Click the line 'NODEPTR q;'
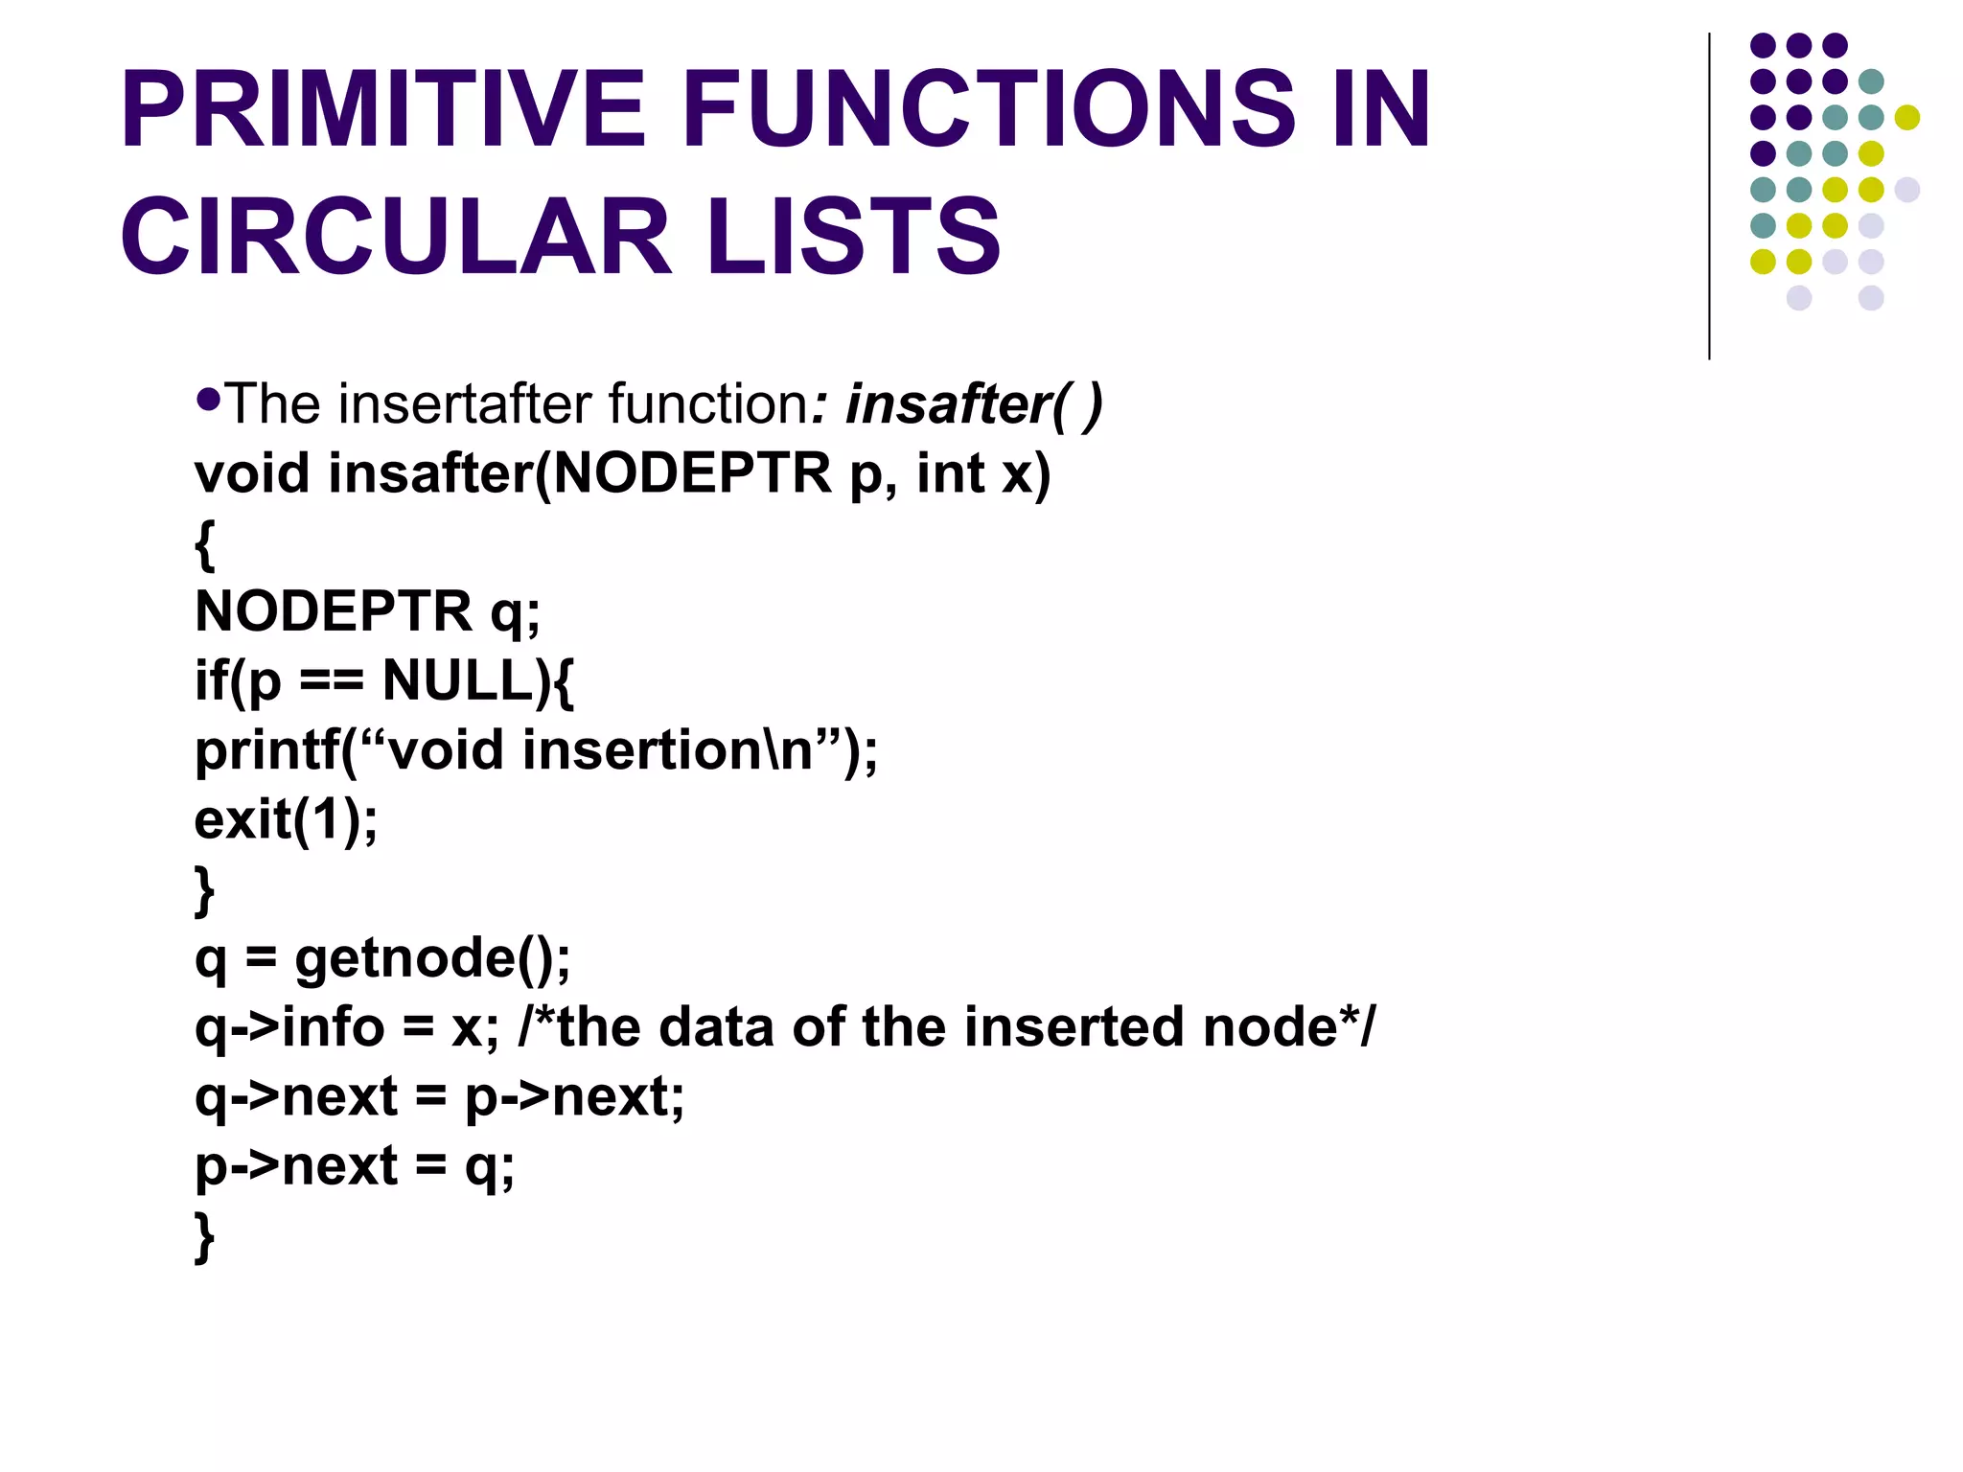point(367,610)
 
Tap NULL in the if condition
point(457,680)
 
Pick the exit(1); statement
point(286,819)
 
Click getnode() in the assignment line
point(431,957)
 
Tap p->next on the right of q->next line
point(573,1096)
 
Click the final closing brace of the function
point(204,1236)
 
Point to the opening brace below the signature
point(204,544)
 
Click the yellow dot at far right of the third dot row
point(1906,117)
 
